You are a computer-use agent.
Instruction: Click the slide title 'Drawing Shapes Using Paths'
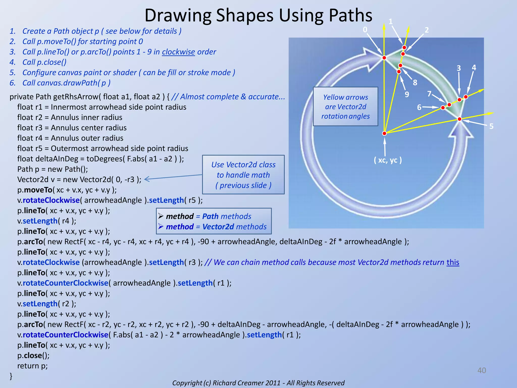point(258,15)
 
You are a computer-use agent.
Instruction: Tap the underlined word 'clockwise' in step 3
point(178,52)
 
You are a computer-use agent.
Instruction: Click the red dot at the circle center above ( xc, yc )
point(384,133)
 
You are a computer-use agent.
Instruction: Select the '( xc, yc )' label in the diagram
point(388,160)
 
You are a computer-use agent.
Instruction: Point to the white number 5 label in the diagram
point(491,126)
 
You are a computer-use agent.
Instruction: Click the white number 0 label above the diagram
point(365,30)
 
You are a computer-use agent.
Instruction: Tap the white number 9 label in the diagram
point(407,94)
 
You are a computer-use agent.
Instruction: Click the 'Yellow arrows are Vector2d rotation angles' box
point(345,107)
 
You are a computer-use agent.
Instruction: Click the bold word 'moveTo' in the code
point(38,190)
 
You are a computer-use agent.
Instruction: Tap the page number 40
point(481,370)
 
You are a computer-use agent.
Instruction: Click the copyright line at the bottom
point(258,383)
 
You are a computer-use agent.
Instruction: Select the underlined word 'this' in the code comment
point(453,262)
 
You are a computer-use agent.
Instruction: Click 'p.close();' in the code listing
point(33,356)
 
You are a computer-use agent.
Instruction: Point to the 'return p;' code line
point(32,366)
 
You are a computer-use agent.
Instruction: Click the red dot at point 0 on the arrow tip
point(384,58)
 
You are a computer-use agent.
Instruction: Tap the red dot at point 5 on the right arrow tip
point(459,119)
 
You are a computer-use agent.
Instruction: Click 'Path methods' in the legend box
point(226,216)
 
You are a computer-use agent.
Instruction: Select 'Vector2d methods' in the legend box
point(234,227)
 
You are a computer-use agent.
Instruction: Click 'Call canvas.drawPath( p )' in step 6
point(66,83)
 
